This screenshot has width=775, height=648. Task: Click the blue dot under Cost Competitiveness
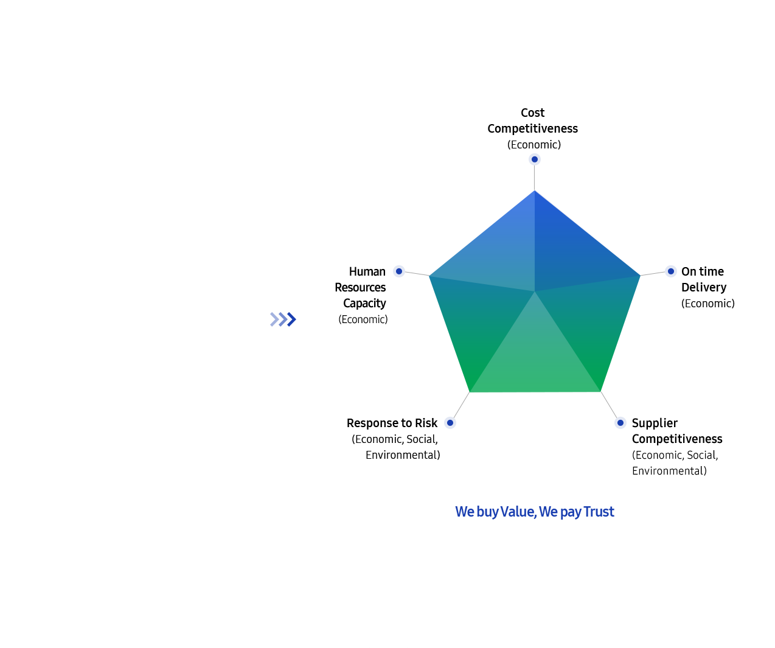(534, 159)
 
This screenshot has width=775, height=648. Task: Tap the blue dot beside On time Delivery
(670, 271)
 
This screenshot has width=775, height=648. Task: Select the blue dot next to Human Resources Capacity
(398, 271)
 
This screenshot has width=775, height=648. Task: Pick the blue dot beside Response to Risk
(450, 423)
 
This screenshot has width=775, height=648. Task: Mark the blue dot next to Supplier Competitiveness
(620, 423)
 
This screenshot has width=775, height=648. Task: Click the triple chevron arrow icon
(283, 319)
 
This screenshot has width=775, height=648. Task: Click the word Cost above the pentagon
(532, 113)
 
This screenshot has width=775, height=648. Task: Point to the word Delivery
(703, 287)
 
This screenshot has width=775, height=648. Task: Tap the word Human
(367, 271)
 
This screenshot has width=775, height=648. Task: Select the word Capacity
(364, 304)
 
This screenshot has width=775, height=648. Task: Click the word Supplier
(655, 423)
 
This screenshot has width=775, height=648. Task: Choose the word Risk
(426, 423)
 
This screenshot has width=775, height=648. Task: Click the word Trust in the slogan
(599, 511)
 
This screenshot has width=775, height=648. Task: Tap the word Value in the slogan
(518, 511)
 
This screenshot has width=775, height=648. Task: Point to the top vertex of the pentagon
(534, 190)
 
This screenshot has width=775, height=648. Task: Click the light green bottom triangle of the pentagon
(535, 357)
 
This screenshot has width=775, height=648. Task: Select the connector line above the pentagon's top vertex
(534, 178)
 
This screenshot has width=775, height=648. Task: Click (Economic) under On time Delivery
(707, 304)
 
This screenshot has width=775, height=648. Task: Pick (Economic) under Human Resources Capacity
(363, 319)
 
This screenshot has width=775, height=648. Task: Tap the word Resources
(360, 287)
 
